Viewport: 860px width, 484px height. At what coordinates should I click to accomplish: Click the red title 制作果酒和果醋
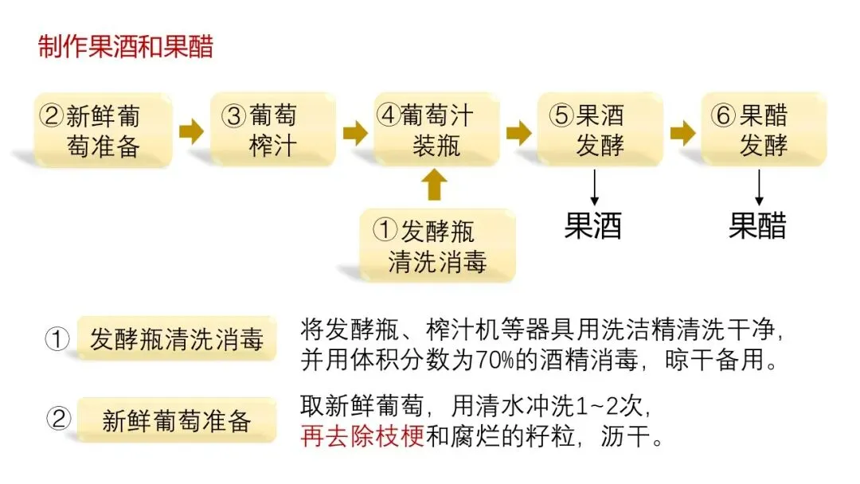pos(126,47)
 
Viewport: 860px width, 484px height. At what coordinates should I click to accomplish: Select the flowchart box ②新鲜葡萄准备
pos(103,131)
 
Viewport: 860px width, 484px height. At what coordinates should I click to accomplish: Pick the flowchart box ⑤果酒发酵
pos(600,131)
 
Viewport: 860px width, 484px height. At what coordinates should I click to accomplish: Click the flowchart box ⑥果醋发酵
pos(763,131)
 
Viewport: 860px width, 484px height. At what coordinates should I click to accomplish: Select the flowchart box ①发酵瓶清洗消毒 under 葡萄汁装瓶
pos(437,245)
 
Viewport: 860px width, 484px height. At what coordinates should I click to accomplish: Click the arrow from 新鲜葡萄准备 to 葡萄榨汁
pos(191,131)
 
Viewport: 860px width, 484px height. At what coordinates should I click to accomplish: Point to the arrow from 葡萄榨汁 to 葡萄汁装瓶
pos(355,131)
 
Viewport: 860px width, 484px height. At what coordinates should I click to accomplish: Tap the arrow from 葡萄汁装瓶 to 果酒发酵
pos(518,131)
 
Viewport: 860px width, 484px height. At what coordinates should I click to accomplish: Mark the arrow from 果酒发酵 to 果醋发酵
pos(682,131)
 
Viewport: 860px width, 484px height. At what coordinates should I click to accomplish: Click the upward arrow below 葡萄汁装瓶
pos(434,185)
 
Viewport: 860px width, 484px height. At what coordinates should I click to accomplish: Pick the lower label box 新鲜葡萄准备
pos(176,420)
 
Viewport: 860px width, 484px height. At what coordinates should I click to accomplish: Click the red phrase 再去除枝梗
pos(362,438)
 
